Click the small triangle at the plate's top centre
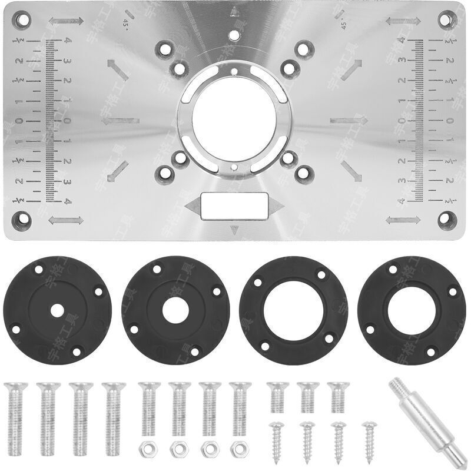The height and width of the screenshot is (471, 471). (235, 10)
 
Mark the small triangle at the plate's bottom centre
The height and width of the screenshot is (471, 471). (235, 230)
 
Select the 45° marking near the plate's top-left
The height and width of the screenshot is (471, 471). (125, 22)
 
